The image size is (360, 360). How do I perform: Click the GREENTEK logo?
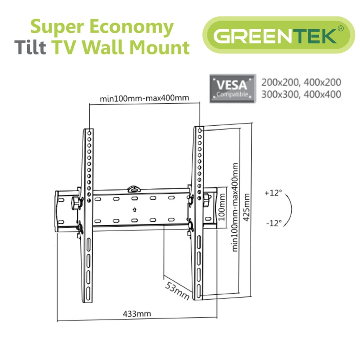pyautogui.click(x=278, y=35)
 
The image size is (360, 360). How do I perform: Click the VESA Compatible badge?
pyautogui.click(x=232, y=88)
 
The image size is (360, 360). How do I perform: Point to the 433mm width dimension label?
pyautogui.click(x=137, y=314)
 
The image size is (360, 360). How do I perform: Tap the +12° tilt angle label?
pyautogui.click(x=273, y=193)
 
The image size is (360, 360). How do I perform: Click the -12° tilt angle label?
pyautogui.click(x=273, y=222)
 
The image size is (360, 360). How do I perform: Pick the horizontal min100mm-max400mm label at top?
pyautogui.click(x=144, y=98)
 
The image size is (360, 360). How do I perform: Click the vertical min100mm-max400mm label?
pyautogui.click(x=235, y=207)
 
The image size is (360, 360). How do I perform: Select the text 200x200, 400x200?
pyautogui.click(x=301, y=82)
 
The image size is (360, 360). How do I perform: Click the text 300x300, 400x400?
pyautogui.click(x=301, y=94)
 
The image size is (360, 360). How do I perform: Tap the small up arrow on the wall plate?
pyautogui.click(x=134, y=209)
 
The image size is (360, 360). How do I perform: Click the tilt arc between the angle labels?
pyautogui.click(x=292, y=208)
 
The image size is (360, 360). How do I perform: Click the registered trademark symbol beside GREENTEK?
pyautogui.click(x=340, y=28)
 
